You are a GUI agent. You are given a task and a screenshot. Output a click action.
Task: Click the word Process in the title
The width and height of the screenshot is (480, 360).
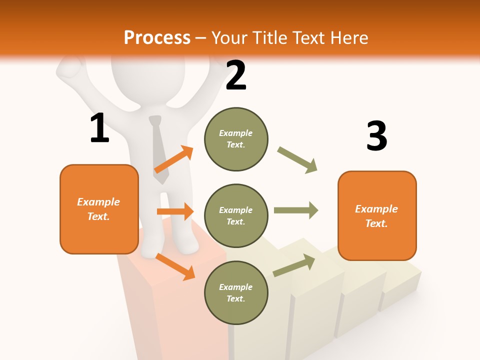pyautogui.click(x=157, y=37)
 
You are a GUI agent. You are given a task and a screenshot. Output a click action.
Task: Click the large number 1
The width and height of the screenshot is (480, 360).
pyautogui.click(x=99, y=128)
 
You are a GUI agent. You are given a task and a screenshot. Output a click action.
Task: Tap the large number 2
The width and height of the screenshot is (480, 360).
pyautogui.click(x=236, y=75)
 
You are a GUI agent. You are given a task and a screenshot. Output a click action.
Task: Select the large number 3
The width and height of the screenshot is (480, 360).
pyautogui.click(x=376, y=136)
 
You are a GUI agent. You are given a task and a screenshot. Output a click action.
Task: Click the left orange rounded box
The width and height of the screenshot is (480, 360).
pyautogui.click(x=99, y=209)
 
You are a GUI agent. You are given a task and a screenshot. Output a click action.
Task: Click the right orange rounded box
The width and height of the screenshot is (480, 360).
pyautogui.click(x=377, y=215)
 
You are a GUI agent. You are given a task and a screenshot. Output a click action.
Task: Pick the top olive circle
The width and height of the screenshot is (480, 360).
pyautogui.click(x=236, y=139)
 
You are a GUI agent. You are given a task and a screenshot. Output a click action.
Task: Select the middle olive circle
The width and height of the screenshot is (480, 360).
pyautogui.click(x=236, y=215)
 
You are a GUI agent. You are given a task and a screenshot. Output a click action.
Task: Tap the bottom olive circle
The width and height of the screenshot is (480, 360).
pyautogui.click(x=236, y=292)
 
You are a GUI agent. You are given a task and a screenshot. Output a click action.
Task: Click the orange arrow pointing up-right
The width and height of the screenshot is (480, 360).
pyautogui.click(x=174, y=159)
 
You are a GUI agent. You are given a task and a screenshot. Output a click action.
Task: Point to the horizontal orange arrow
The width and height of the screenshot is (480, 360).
pyautogui.click(x=175, y=211)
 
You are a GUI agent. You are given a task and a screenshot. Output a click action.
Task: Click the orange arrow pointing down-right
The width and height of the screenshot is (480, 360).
pyautogui.click(x=175, y=266)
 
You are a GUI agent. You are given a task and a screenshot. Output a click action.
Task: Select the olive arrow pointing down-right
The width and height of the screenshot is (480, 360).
pyautogui.click(x=297, y=159)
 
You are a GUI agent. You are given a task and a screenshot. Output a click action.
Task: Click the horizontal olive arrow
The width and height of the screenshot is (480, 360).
pyautogui.click(x=296, y=210)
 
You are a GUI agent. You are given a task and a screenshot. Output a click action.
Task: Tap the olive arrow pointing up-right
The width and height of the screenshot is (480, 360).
pyautogui.click(x=294, y=265)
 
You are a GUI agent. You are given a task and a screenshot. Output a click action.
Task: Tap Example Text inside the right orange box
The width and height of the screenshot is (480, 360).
pyautogui.click(x=376, y=216)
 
